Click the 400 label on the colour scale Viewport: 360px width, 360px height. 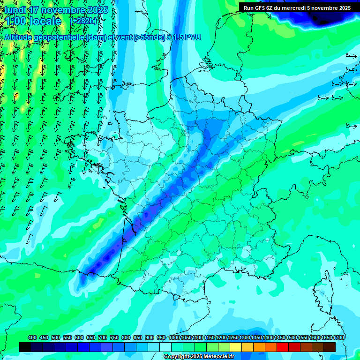[x=32, y=337]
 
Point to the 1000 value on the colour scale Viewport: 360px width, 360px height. [x=175, y=337]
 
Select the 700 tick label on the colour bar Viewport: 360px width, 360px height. [x=103, y=337]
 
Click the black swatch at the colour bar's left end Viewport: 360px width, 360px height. [x=25, y=347]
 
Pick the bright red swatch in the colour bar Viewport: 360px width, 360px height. [x=283, y=347]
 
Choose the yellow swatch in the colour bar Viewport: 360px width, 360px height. [x=236, y=347]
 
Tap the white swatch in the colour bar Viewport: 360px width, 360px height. [x=165, y=347]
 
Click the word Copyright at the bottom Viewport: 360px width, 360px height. [x=177, y=357]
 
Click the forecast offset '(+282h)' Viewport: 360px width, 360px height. [x=84, y=21]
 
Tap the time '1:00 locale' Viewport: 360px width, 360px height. [x=33, y=21]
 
